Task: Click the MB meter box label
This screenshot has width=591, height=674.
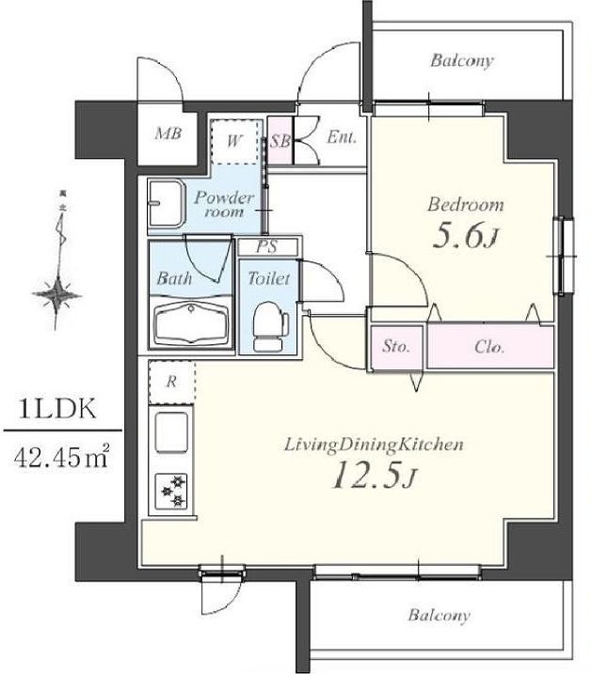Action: pos(168,133)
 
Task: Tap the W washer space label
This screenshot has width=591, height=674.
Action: pos(234,141)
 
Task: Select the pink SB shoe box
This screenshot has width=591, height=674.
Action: pos(280,141)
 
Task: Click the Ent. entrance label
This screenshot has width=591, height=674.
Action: pos(342,137)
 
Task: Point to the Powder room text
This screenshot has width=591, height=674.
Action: pos(224,204)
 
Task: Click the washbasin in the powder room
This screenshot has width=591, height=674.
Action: pos(167,203)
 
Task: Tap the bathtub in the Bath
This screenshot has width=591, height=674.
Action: pos(192,323)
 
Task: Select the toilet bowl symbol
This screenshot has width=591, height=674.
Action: pos(270,326)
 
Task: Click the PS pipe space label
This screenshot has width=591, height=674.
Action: pos(267,246)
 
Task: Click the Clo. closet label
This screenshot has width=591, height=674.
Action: pos(489,347)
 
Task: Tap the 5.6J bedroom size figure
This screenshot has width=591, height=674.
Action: pos(465,236)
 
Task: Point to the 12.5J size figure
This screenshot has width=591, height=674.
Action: pos(374,475)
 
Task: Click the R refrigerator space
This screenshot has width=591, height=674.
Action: pos(171,383)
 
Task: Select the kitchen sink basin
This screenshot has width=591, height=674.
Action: pos(171,432)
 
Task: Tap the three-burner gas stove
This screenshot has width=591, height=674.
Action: pos(172,491)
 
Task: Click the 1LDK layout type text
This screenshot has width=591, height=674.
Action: pos(57,409)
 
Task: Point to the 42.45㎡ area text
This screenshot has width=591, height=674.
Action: pos(61,457)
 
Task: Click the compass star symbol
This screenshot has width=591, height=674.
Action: pos(56,295)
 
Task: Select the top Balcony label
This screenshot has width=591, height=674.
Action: pos(461,60)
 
